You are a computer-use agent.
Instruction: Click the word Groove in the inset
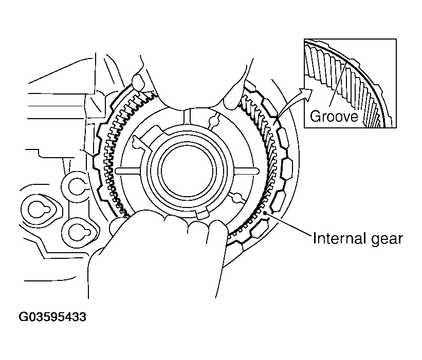coord(334,116)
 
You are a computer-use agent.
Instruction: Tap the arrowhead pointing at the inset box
coord(308,91)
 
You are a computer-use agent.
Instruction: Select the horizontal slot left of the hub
coord(126,170)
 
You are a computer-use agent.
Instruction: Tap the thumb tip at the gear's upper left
coord(139,81)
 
